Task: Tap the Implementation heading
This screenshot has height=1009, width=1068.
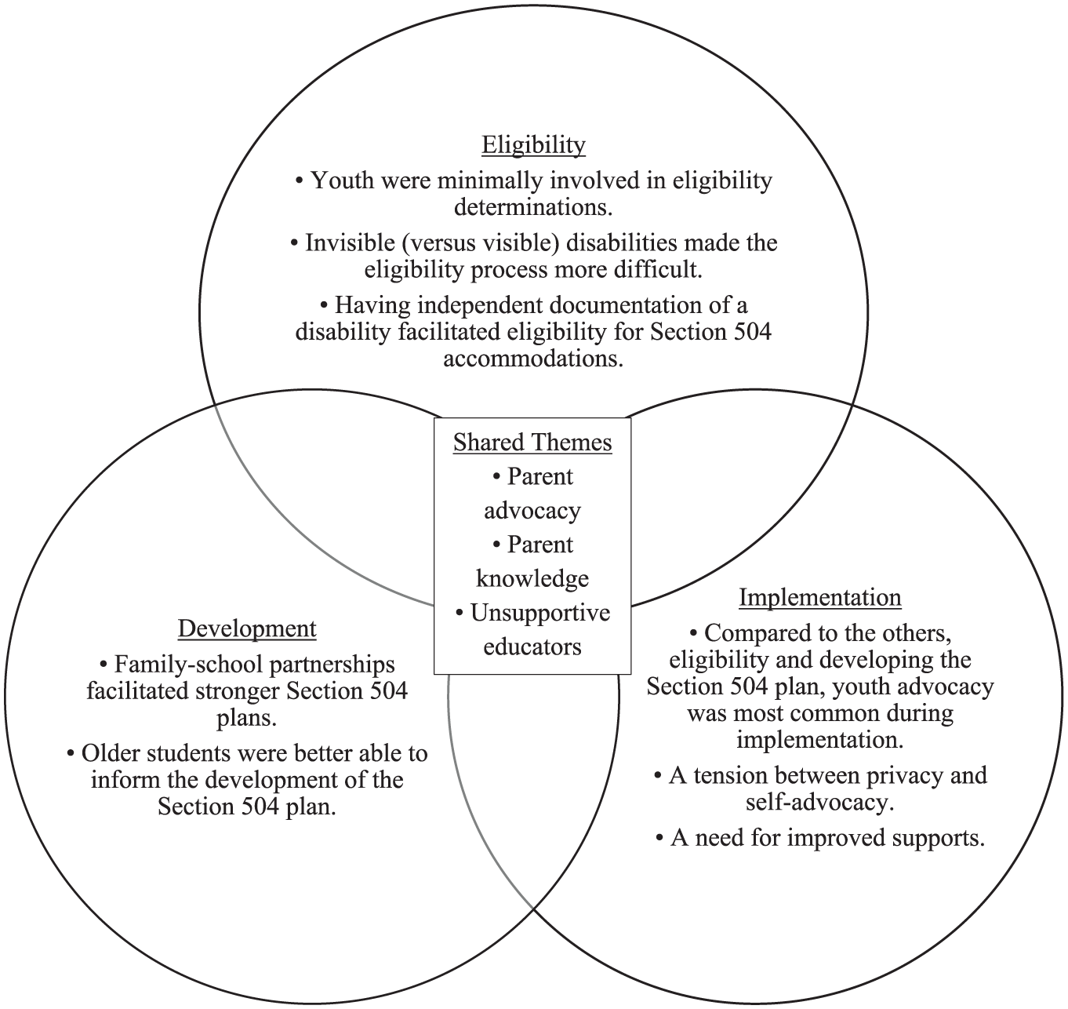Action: [x=820, y=598]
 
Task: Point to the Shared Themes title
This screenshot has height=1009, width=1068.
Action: [x=532, y=443]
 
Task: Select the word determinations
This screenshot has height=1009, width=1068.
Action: [x=533, y=207]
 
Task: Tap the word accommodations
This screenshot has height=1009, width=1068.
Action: [x=533, y=359]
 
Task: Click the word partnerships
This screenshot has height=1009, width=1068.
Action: [x=332, y=665]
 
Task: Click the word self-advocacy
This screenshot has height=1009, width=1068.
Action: [x=819, y=803]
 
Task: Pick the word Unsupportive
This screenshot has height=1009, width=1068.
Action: [x=540, y=614]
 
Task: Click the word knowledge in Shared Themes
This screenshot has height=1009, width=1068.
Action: [x=532, y=579]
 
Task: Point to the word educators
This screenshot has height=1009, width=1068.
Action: [x=532, y=647]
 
